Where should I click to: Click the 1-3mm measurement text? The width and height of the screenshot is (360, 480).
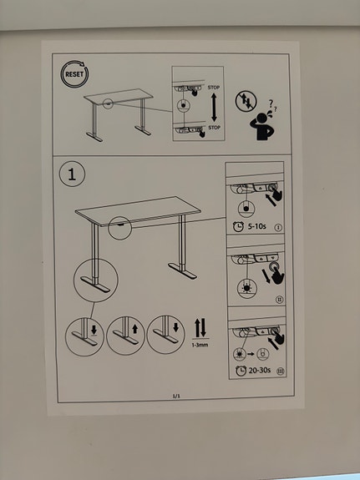(199, 344)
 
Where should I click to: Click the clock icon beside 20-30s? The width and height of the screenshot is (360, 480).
(240, 370)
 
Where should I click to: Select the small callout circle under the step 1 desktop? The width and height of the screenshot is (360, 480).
(119, 227)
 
